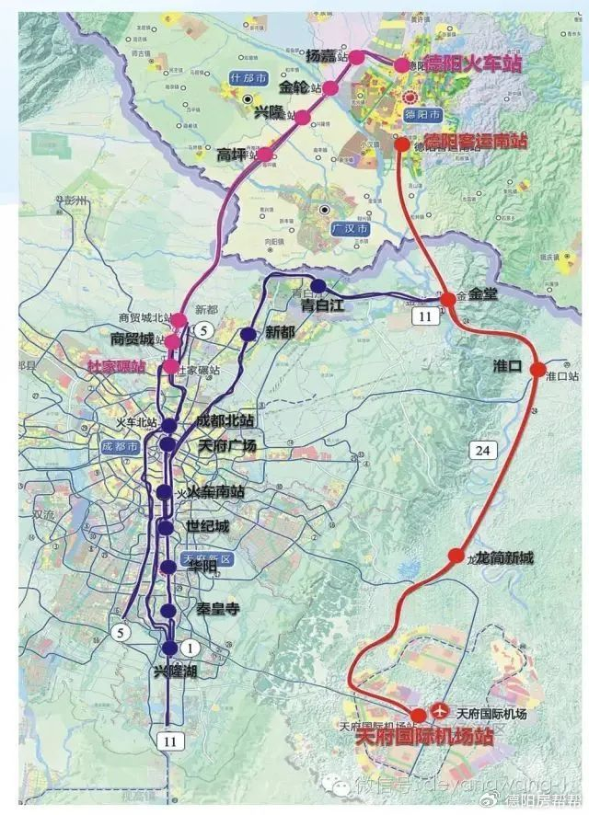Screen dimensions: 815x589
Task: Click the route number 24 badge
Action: tap(480, 450)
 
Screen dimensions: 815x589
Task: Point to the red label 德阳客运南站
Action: tap(474, 141)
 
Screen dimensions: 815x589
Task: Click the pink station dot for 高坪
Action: tap(266, 155)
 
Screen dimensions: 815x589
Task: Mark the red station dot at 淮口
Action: tap(538, 369)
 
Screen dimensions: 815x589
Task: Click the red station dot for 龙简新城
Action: tap(456, 556)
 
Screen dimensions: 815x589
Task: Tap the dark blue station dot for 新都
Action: tap(248, 334)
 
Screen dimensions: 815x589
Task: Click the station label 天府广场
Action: tap(226, 445)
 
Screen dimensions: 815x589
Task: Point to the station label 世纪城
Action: tap(210, 527)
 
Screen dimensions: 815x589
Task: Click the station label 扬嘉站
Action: tap(326, 55)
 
